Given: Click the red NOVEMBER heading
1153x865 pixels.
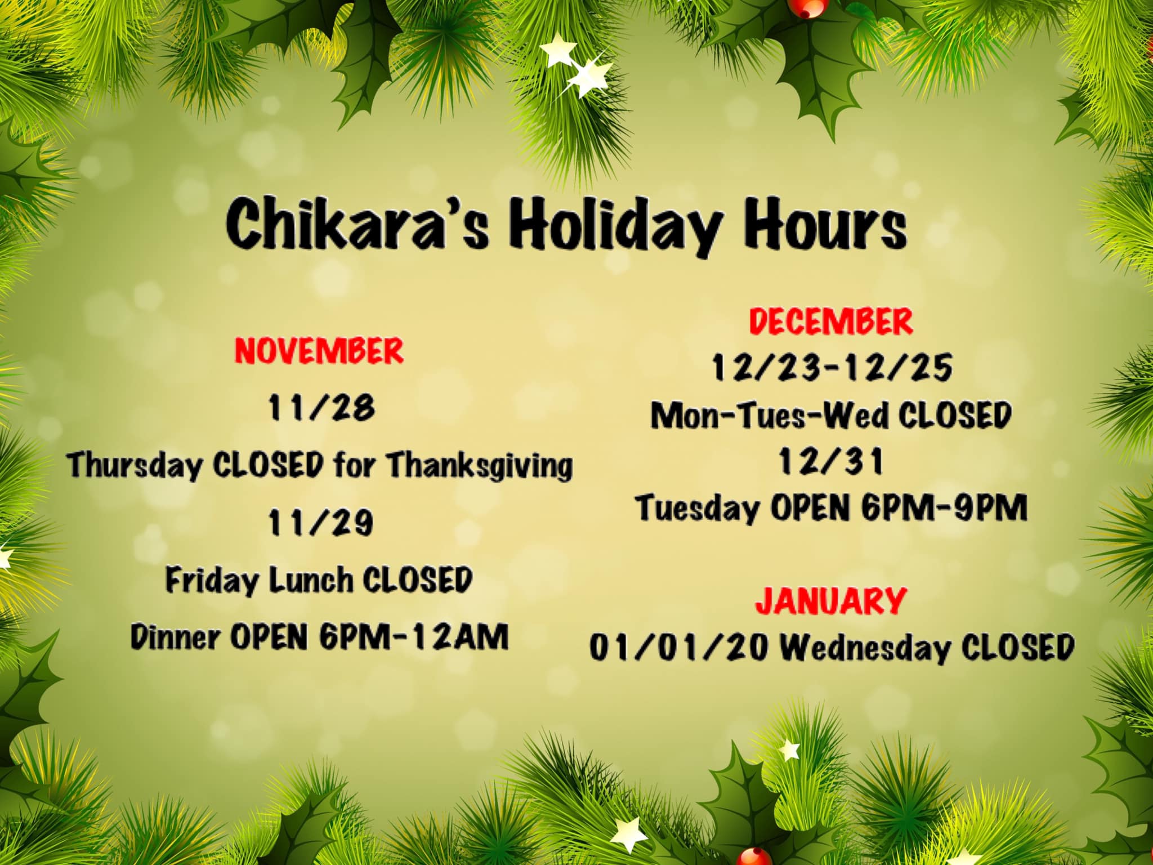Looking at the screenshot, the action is pyautogui.click(x=319, y=351).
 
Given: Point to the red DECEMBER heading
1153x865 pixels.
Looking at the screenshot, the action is pyautogui.click(x=830, y=322).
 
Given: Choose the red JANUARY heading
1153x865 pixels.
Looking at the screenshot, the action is pyautogui.click(x=830, y=601).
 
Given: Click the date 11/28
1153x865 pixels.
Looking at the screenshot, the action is pyautogui.click(x=321, y=408).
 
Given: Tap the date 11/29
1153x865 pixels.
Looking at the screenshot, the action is pyautogui.click(x=320, y=523).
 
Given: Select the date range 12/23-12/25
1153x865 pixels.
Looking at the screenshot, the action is pyautogui.click(x=832, y=368).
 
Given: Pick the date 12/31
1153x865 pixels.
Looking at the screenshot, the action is pyautogui.click(x=831, y=462).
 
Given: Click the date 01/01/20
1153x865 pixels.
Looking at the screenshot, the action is pyautogui.click(x=678, y=647).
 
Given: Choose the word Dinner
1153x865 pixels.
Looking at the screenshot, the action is pyautogui.click(x=175, y=637).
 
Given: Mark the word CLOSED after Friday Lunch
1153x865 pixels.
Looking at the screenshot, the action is pyautogui.click(x=417, y=580).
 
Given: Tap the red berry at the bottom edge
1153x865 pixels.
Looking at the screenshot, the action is pyautogui.click(x=756, y=857).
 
